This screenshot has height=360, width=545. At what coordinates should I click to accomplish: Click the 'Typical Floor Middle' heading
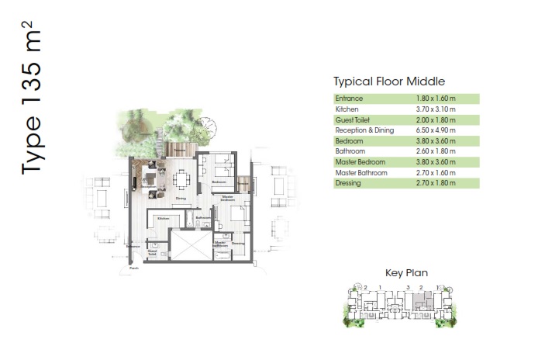click(388, 81)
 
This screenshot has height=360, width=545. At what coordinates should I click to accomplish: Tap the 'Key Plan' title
click(406, 272)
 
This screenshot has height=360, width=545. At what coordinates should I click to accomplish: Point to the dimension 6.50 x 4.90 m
click(436, 130)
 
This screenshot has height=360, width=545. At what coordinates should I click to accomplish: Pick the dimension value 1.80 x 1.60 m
click(436, 99)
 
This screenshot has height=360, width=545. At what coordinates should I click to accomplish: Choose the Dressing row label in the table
click(348, 183)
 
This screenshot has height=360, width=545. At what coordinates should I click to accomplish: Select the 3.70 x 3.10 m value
click(436, 109)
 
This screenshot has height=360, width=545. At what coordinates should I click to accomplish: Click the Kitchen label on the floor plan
click(164, 219)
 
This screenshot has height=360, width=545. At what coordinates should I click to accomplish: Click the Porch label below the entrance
click(133, 269)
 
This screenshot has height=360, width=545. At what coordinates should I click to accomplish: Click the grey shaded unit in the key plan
click(422, 299)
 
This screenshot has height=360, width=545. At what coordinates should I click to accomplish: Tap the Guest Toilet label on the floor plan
click(153, 251)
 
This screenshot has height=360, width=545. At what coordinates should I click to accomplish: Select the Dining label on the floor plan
click(180, 199)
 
